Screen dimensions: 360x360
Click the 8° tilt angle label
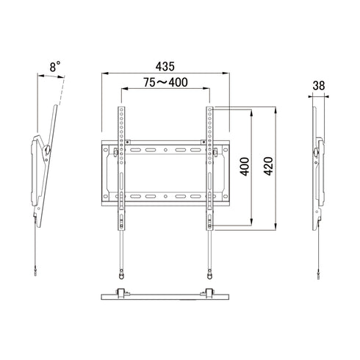coord(55,67)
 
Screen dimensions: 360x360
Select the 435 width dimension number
coord(165,66)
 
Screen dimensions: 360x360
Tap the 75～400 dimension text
coord(165,82)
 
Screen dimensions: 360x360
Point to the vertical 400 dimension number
coord(245,167)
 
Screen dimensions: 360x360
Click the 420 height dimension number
coord(268,166)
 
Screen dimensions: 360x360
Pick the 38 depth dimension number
coord(319,86)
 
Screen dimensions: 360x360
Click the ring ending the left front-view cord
coord(121,276)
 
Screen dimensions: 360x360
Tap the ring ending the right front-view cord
coord(209,276)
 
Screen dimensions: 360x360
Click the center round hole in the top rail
coord(165,150)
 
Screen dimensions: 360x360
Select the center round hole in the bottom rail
coord(165,196)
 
